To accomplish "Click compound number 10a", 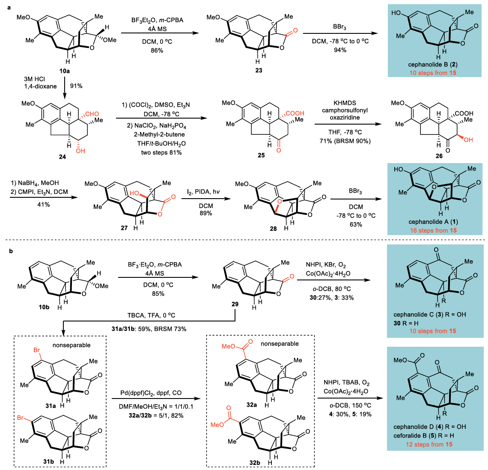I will (x=65, y=71).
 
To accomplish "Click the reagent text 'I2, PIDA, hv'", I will (x=206, y=199).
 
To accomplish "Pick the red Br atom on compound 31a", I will (x=37, y=350).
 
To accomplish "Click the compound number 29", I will (x=234, y=304).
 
